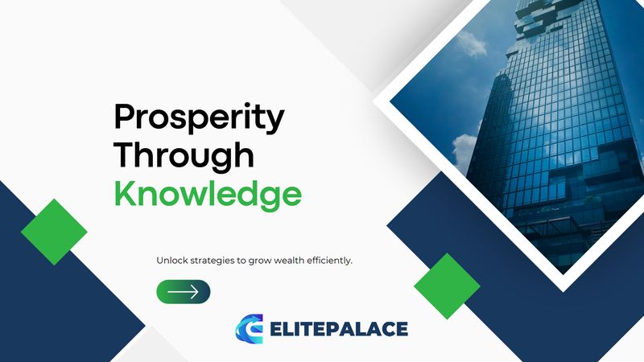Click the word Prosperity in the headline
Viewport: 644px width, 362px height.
pos(199,118)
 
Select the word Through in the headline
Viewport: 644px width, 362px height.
pos(184,154)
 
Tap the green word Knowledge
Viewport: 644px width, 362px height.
pos(208,194)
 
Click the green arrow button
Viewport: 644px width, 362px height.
pos(184,292)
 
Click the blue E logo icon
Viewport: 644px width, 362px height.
pos(250,328)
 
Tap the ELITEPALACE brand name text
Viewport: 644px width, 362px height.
pos(339,329)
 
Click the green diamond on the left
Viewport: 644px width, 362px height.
pos(54,232)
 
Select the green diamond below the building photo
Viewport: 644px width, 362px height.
pos(447,286)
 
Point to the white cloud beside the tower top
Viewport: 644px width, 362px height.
pos(473,43)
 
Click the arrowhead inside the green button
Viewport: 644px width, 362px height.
pos(194,292)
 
